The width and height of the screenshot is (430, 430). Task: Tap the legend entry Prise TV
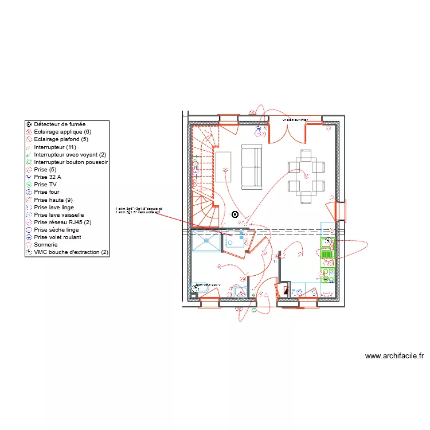[45, 185]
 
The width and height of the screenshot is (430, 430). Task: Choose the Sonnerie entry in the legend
[45, 244]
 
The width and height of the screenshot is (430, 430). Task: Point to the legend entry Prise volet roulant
[57, 237]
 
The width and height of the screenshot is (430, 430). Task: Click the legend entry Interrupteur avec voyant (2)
[70, 155]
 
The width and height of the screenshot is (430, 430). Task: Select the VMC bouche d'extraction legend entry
[71, 252]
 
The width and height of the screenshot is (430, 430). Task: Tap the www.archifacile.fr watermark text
[394, 356]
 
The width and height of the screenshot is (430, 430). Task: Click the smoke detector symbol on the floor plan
[234, 214]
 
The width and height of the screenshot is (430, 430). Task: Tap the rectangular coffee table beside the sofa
[222, 167]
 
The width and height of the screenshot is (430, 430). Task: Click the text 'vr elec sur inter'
[295, 120]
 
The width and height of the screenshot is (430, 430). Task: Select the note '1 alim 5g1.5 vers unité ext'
[138, 212]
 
